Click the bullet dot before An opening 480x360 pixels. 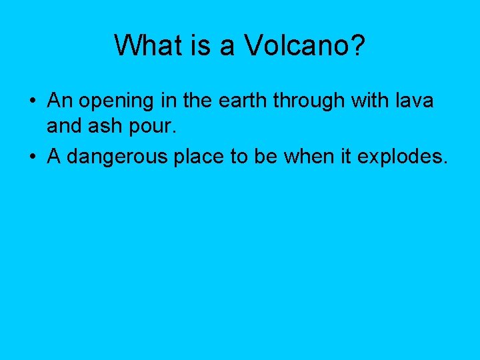click(32, 101)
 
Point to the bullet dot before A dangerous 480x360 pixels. click(32, 157)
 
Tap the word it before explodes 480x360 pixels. click(345, 157)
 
